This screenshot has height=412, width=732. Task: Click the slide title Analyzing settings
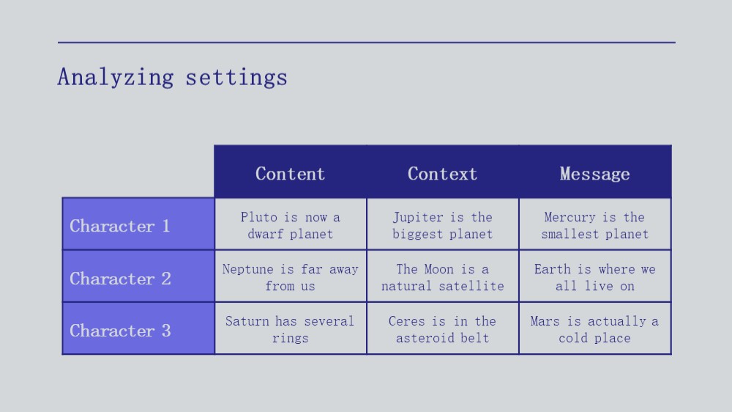click(x=172, y=77)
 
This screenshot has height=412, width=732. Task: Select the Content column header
click(x=291, y=174)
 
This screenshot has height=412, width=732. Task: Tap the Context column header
click(x=443, y=174)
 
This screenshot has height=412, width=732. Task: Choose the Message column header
click(x=594, y=174)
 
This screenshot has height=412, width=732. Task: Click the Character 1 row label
click(x=119, y=226)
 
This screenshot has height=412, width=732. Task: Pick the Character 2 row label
click(x=120, y=279)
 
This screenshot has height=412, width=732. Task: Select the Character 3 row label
click(x=120, y=331)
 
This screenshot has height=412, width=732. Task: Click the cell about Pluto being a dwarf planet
click(x=291, y=225)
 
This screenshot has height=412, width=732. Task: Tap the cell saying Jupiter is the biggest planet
click(x=443, y=225)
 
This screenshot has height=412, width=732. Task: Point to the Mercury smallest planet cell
click(x=594, y=225)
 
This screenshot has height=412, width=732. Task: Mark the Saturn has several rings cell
click(x=291, y=329)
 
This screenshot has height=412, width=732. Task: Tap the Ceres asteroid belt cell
click(x=443, y=329)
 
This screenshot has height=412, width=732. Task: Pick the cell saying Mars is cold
click(x=594, y=329)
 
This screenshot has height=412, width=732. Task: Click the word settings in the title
click(x=236, y=78)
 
